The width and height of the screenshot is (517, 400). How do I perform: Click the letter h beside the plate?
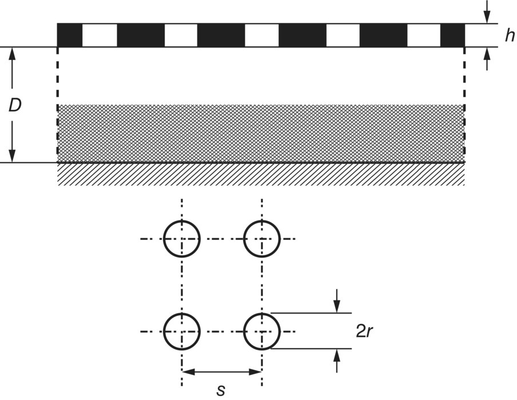(509, 36)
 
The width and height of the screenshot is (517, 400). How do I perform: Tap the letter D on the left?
(15, 105)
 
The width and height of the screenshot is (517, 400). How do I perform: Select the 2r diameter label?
(365, 331)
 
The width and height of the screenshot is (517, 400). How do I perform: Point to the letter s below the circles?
(221, 390)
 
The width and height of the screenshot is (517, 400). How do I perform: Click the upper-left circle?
(182, 238)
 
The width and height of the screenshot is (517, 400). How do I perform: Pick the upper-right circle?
(262, 238)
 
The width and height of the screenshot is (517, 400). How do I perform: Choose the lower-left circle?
(182, 331)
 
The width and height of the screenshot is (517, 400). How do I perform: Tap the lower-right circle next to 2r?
(262, 331)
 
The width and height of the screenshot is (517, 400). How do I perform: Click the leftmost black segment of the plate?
(70, 35)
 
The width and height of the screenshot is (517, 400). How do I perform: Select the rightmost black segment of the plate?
(452, 35)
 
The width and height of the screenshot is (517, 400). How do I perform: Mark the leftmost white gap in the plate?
(100, 35)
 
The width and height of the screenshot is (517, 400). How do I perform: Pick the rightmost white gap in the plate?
(424, 35)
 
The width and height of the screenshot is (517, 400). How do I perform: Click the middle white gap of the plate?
(262, 35)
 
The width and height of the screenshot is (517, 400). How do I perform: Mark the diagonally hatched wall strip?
(261, 175)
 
